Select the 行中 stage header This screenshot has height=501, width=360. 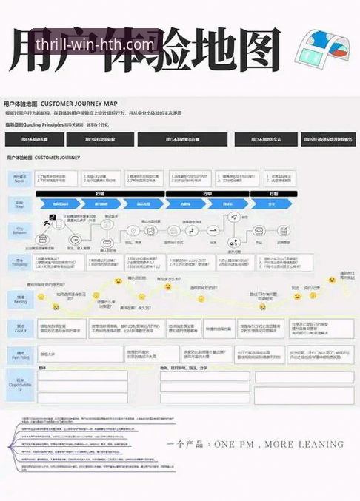(207, 193)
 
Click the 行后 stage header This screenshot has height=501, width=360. (273, 193)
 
